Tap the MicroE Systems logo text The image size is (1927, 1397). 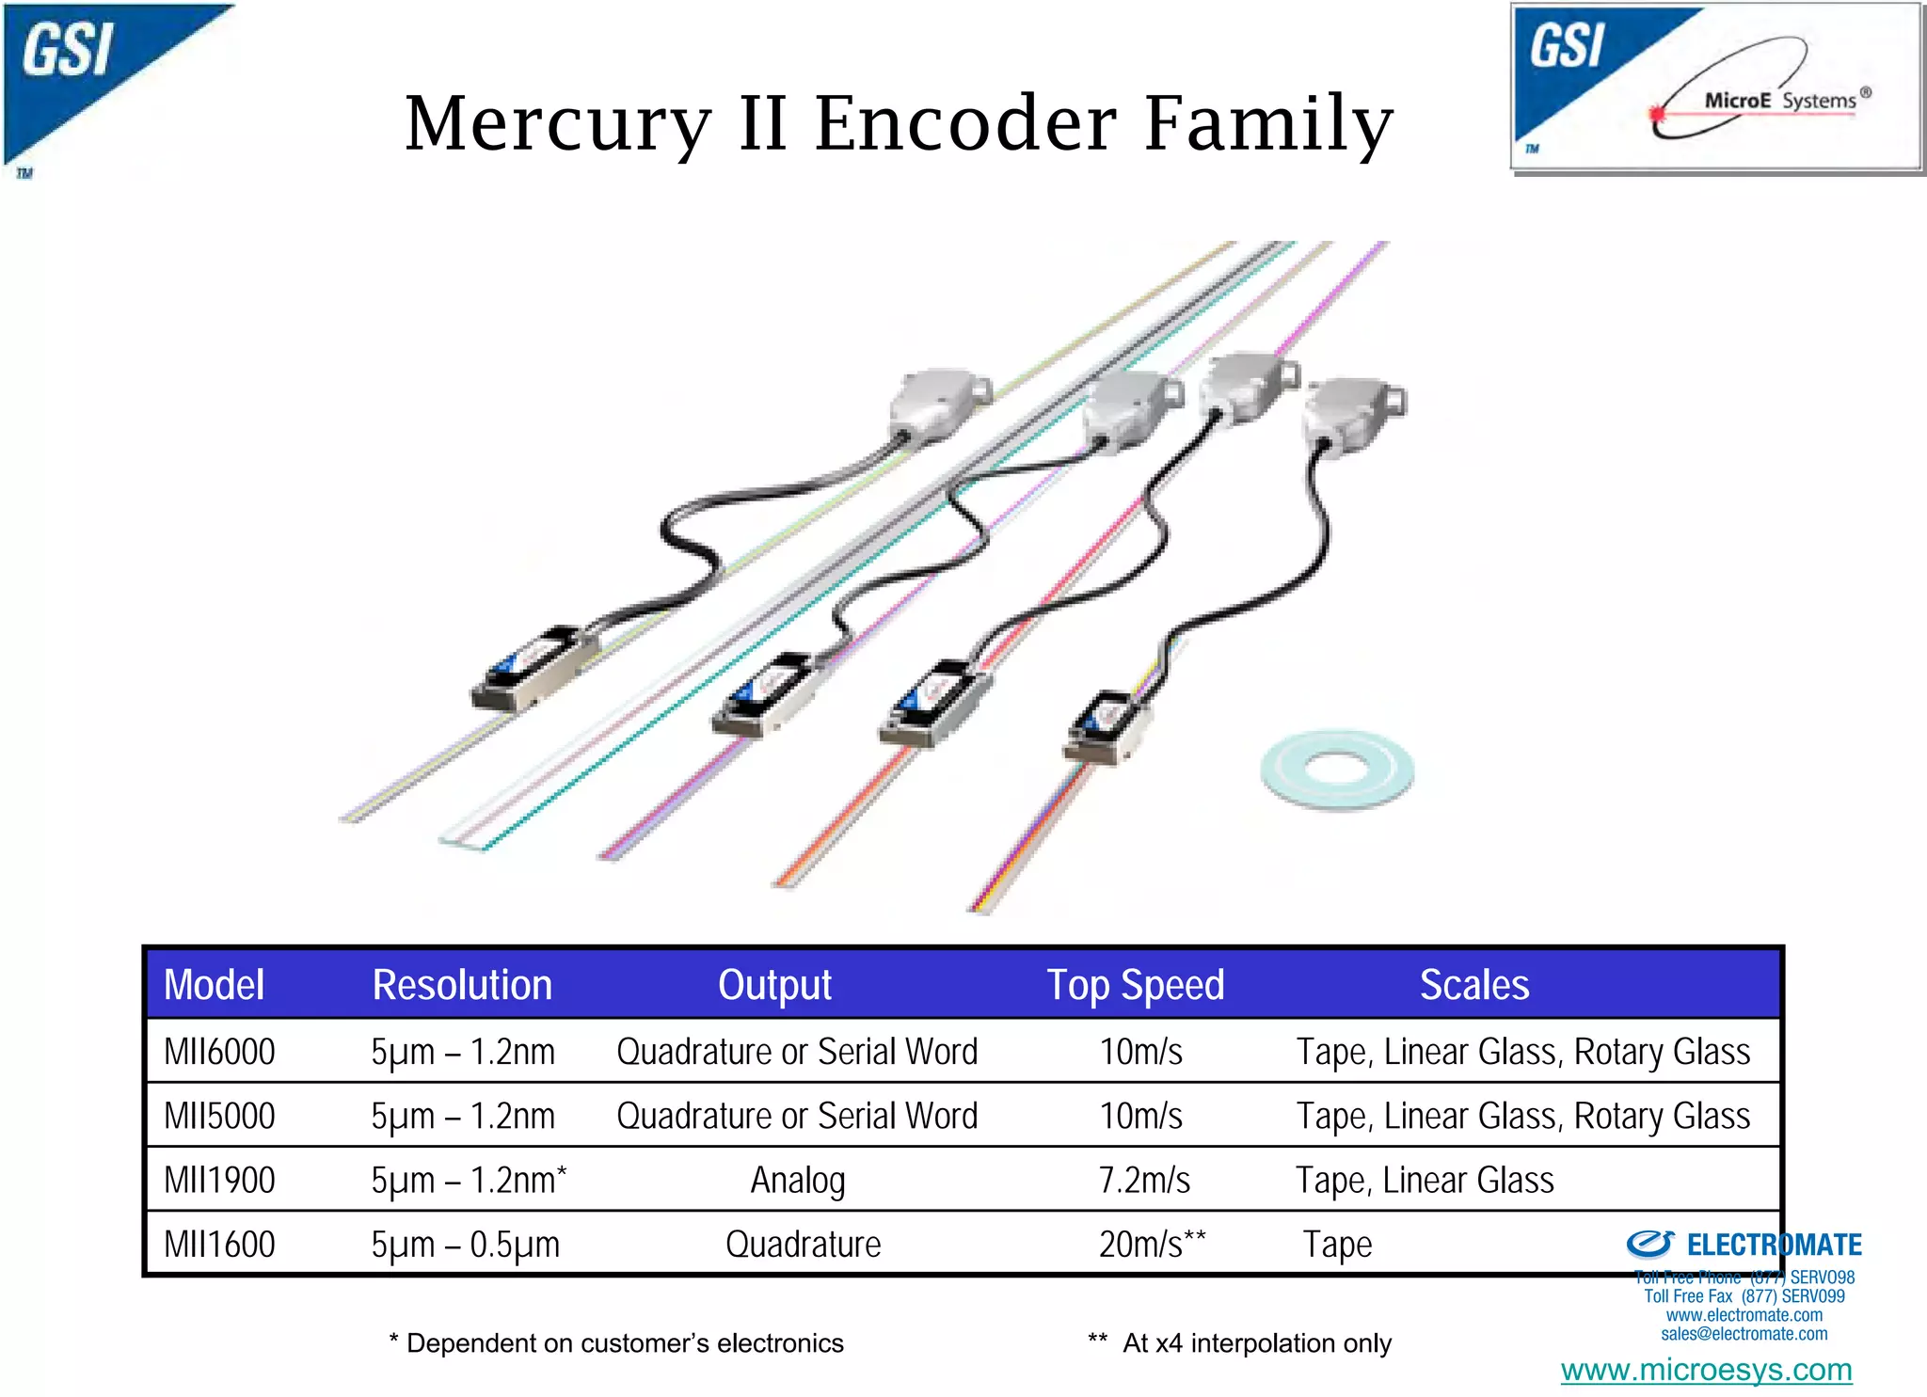1778,100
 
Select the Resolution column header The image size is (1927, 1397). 462,985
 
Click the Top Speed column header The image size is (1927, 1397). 1136,985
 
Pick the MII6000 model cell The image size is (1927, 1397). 219,1052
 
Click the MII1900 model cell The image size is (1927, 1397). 219,1180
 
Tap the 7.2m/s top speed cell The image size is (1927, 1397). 1144,1180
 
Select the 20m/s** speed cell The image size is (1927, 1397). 1152,1244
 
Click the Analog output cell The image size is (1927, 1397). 797,1180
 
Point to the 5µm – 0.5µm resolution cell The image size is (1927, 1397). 465,1244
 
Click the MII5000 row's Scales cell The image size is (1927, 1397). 1522,1116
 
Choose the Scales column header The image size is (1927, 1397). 1473,985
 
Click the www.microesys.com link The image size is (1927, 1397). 1706,1370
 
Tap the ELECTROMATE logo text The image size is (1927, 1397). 1773,1245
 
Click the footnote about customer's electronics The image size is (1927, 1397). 616,1343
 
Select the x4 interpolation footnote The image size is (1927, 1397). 1240,1343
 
